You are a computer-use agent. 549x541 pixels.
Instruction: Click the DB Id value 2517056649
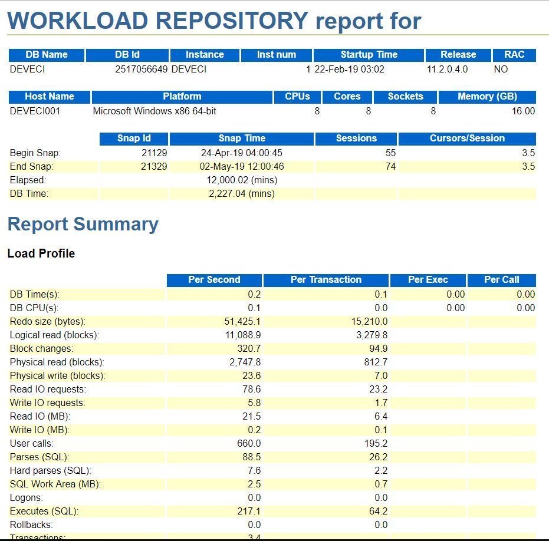[x=142, y=70]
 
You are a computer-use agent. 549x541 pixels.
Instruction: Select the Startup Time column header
[x=369, y=55]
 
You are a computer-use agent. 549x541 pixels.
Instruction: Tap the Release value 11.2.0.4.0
[x=447, y=70]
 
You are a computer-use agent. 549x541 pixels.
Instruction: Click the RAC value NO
[x=501, y=70]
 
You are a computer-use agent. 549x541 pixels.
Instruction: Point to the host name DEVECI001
[x=35, y=111]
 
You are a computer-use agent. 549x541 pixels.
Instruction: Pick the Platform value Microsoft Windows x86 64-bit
[x=154, y=111]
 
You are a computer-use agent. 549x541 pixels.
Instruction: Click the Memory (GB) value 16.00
[x=524, y=111]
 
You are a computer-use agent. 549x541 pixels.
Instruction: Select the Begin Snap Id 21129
[x=154, y=153]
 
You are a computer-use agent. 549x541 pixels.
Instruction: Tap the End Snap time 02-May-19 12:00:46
[x=242, y=167]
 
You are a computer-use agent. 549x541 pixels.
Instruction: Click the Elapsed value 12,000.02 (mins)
[x=242, y=180]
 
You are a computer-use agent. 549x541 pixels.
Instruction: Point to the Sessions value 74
[x=390, y=167]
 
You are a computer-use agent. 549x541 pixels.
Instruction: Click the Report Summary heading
[x=83, y=225]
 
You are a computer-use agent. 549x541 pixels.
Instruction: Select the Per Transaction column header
[x=326, y=280]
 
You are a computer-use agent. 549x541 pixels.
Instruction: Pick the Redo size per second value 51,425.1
[x=242, y=322]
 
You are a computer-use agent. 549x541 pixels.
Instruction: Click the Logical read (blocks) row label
[x=54, y=335]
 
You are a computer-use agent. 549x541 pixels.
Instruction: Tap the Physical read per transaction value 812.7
[x=376, y=362]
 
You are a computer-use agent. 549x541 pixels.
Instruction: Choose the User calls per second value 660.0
[x=249, y=444]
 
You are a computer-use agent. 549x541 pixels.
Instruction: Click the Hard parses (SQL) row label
[x=51, y=471]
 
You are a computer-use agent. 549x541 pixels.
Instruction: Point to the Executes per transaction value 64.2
[x=378, y=512]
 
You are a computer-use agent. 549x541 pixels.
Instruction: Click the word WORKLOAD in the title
[x=78, y=21]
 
